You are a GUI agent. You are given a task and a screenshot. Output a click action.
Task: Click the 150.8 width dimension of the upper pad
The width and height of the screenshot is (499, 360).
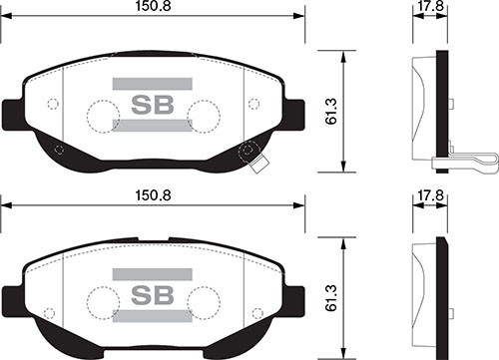click(153, 6)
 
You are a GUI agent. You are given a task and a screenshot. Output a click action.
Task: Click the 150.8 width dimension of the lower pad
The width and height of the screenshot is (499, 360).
click(153, 195)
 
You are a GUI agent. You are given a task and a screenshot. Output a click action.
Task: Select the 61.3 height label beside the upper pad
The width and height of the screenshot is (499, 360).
click(331, 112)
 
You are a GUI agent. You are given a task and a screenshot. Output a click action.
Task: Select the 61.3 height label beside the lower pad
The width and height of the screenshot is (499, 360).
click(331, 298)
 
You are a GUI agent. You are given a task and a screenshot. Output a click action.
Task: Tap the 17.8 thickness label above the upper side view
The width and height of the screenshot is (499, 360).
click(431, 6)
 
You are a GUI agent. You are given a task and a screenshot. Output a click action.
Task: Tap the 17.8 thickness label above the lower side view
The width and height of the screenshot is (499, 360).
click(431, 195)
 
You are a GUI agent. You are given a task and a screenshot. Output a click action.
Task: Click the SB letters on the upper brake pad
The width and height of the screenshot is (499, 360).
click(153, 105)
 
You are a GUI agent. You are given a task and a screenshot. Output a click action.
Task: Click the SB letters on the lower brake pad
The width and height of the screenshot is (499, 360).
click(153, 295)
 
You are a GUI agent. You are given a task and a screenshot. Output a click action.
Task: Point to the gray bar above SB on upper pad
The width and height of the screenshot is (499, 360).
click(153, 84)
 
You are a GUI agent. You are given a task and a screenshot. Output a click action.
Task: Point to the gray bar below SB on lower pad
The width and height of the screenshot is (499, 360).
click(153, 316)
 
